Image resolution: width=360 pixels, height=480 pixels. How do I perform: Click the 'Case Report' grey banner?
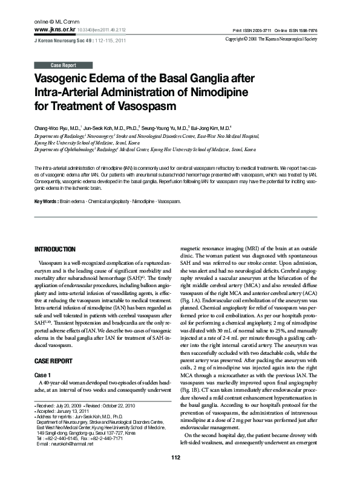64,65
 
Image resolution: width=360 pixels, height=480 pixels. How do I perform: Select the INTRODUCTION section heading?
55,249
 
